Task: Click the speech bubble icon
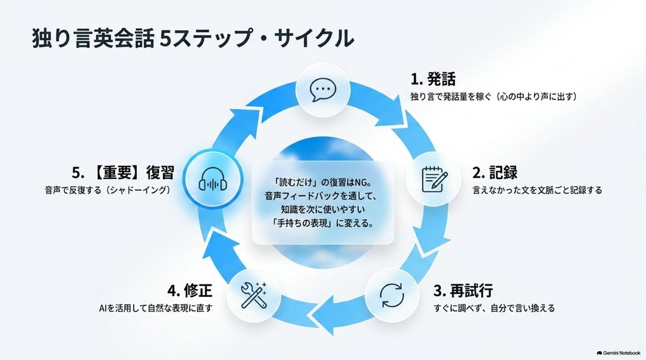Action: [323, 90]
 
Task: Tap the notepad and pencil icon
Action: [435, 179]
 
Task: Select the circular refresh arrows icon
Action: [392, 295]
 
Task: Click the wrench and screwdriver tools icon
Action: [254, 295]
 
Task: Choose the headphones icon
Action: [213, 180]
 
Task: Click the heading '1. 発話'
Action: [433, 79]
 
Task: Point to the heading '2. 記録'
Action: [495, 173]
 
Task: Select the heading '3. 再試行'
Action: [463, 291]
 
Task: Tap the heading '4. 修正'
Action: [190, 291]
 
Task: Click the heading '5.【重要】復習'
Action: [123, 173]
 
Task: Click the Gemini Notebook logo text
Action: [618, 353]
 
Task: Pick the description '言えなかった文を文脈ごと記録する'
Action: [537, 190]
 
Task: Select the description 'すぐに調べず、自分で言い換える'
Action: [495, 308]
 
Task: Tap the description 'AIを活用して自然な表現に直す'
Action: [156, 308]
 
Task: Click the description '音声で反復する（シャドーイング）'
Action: [107, 190]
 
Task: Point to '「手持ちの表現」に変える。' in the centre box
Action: [323, 224]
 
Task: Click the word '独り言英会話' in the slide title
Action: [93, 38]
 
